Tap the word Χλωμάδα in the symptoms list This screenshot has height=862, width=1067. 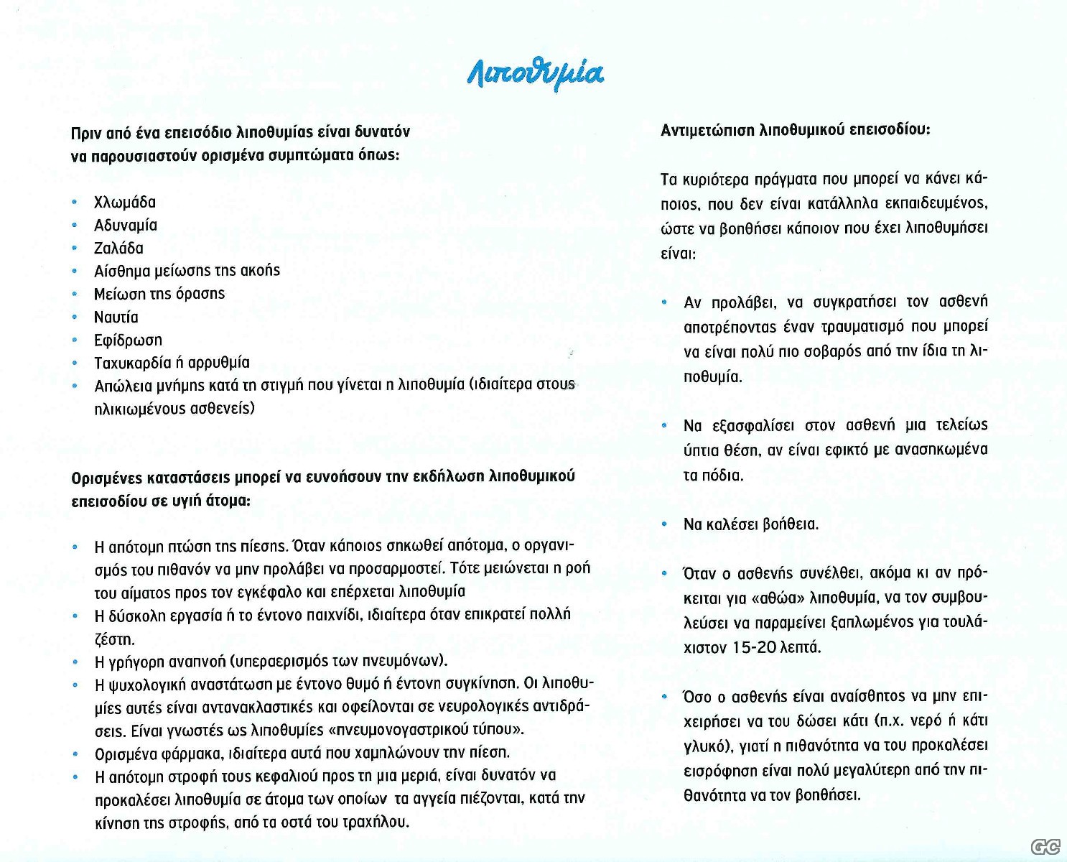tap(125, 203)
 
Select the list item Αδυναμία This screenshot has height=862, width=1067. tap(126, 226)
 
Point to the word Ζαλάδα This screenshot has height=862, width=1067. tap(118, 249)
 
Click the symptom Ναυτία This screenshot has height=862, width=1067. tap(116, 318)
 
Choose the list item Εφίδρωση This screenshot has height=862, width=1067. tap(128, 340)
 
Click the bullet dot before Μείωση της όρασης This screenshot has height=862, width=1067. tap(75, 295)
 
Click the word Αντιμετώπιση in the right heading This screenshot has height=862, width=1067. tap(708, 131)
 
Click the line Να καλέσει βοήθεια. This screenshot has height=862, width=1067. tap(751, 524)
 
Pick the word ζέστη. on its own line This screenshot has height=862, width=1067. tap(115, 639)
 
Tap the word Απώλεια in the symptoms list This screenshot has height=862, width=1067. tap(124, 386)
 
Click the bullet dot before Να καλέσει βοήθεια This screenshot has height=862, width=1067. tap(664, 524)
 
